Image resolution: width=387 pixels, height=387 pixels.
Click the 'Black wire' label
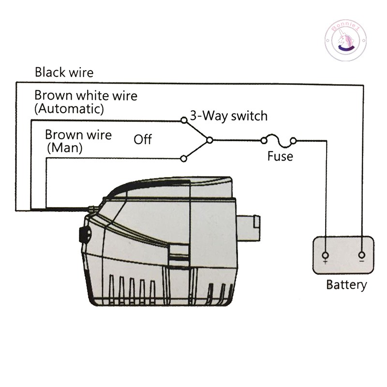click(64, 73)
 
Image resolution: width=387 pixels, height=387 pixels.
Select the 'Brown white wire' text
click(86, 95)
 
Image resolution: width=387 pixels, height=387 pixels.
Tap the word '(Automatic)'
click(69, 109)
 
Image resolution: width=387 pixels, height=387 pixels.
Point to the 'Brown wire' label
click(78, 134)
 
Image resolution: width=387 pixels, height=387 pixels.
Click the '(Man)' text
click(64, 148)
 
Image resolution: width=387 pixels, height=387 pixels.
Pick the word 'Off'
click(143, 140)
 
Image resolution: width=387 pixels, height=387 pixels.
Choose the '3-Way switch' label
click(228, 116)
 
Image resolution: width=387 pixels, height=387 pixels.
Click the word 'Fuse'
click(280, 157)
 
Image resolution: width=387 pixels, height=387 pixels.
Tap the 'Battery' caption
click(346, 284)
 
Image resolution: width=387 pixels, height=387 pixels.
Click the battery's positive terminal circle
click(325, 255)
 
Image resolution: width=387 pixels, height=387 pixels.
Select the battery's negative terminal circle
click(361, 255)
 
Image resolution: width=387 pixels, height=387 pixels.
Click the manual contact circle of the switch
click(183, 158)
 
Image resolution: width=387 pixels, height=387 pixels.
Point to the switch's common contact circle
click(209, 140)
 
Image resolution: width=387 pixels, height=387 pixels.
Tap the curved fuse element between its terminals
click(278, 139)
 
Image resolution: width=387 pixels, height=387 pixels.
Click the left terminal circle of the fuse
click(264, 141)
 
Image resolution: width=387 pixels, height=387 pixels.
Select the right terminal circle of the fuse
click(293, 141)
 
